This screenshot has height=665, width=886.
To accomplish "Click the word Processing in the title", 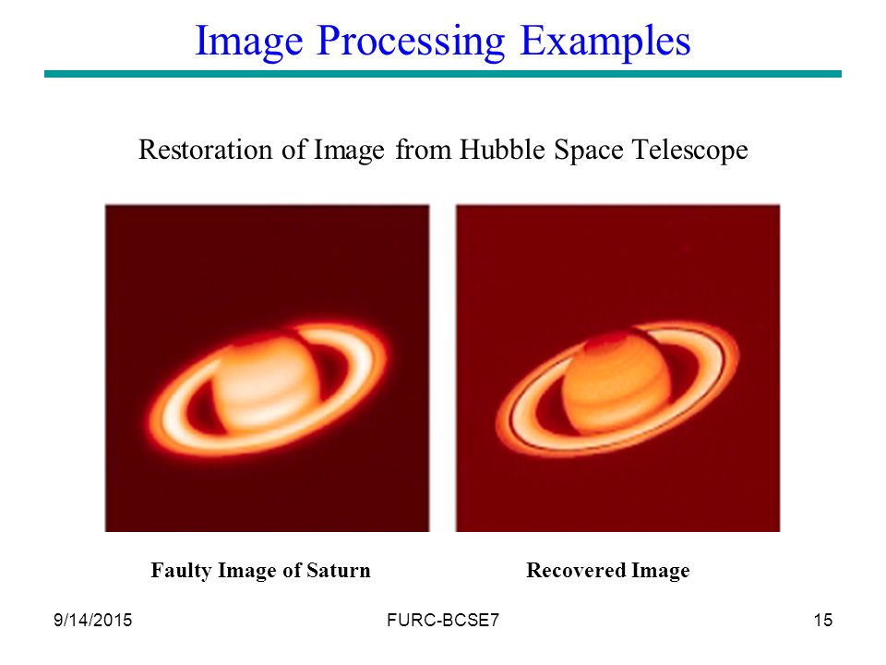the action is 411,42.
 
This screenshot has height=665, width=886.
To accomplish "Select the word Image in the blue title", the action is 248,42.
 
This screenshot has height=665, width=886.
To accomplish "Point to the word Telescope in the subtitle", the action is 690,151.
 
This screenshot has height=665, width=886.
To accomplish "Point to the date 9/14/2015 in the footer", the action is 92,621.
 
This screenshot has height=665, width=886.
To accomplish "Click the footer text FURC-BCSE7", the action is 443,621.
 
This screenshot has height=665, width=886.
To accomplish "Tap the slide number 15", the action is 822,621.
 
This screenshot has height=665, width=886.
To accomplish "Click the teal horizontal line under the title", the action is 443,74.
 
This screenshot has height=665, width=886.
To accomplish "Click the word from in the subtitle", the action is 423,150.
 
